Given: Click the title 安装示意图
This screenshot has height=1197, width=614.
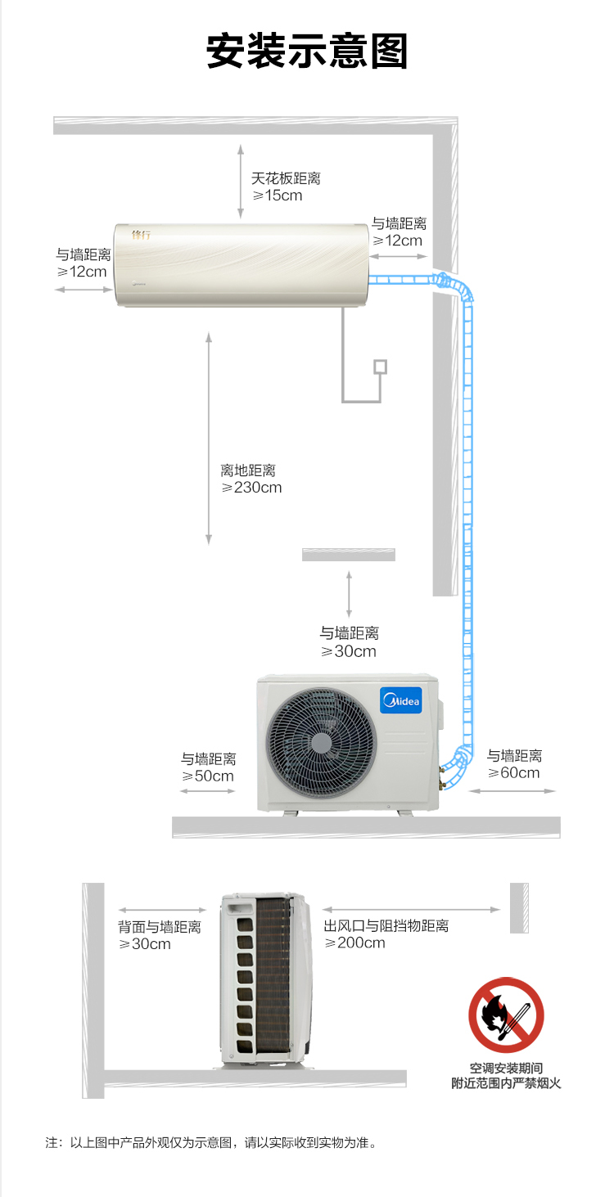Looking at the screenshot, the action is (307, 51).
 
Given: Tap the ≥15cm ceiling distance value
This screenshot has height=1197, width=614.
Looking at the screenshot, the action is (278, 196).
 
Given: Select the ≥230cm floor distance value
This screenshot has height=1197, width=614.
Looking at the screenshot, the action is (251, 488).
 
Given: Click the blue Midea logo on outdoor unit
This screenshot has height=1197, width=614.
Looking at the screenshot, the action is (401, 700).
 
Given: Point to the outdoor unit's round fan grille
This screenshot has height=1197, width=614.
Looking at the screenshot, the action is (321, 743).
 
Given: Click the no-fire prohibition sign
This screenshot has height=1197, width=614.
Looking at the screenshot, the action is (506, 1015).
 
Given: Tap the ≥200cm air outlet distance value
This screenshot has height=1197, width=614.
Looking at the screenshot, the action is (355, 943).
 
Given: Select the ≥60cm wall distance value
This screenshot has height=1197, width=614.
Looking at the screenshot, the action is (514, 772).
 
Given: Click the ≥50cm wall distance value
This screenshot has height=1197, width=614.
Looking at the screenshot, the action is (208, 776).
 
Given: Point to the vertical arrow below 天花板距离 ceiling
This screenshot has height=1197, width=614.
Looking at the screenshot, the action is (241, 181).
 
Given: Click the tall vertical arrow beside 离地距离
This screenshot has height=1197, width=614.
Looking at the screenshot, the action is (209, 439).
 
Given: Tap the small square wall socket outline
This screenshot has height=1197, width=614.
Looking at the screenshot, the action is (381, 367).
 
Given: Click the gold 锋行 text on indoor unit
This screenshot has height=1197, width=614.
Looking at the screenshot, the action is (141, 234).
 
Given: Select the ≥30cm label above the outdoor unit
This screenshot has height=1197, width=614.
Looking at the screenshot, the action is (349, 651).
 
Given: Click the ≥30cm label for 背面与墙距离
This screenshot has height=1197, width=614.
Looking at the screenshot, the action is (145, 943).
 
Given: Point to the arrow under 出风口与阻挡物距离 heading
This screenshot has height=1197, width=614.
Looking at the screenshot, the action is (411, 910).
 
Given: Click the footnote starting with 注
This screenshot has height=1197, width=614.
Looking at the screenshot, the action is (211, 1142).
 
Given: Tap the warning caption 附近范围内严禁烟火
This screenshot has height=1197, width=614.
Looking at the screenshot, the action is (506, 1083).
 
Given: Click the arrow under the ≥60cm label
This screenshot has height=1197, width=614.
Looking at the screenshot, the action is (512, 791).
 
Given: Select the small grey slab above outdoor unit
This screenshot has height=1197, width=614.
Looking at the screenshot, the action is (349, 555).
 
